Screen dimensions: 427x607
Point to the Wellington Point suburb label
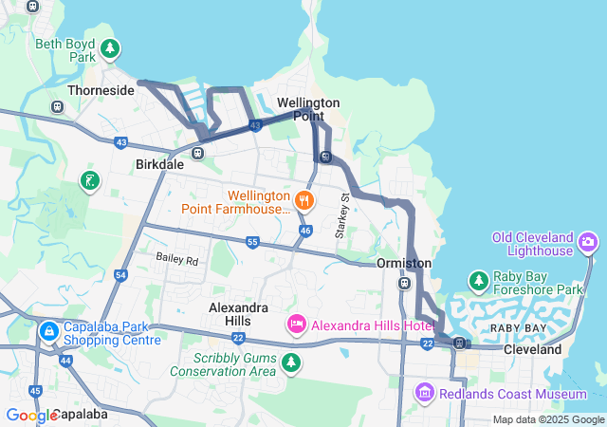(x=308, y=108)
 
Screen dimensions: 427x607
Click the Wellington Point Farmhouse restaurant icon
(x=304, y=199)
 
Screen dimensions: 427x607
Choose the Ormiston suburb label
(x=404, y=263)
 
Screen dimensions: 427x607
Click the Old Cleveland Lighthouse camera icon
(x=589, y=243)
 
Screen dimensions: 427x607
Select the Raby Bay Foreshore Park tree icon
(x=479, y=281)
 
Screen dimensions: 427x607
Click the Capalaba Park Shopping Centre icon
(x=48, y=332)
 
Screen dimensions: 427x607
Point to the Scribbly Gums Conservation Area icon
(x=291, y=362)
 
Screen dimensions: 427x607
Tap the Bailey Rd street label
(x=177, y=259)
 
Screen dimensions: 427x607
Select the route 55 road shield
(x=251, y=243)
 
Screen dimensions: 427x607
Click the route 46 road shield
(x=304, y=230)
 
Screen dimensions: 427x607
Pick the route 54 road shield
(x=120, y=275)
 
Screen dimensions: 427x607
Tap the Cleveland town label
(x=532, y=349)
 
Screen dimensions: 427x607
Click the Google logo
(x=30, y=415)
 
